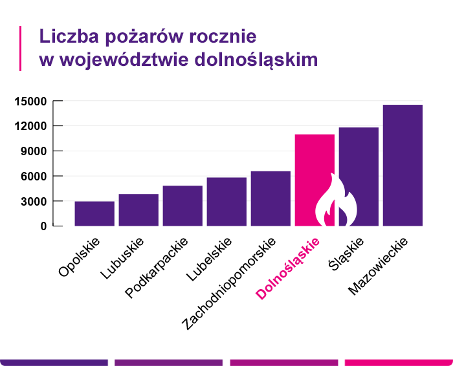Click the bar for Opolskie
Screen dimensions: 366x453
[x=94, y=213]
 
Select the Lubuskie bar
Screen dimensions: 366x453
[x=138, y=210]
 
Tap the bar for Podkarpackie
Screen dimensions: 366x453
[x=182, y=206]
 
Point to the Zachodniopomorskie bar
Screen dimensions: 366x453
[x=271, y=199]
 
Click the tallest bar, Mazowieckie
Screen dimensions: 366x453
[x=403, y=165]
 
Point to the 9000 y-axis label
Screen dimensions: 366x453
[x=34, y=151]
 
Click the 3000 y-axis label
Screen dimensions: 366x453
[x=34, y=201]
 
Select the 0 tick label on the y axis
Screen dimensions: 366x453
[x=43, y=226]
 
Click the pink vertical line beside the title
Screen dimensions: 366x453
[x=21, y=48]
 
